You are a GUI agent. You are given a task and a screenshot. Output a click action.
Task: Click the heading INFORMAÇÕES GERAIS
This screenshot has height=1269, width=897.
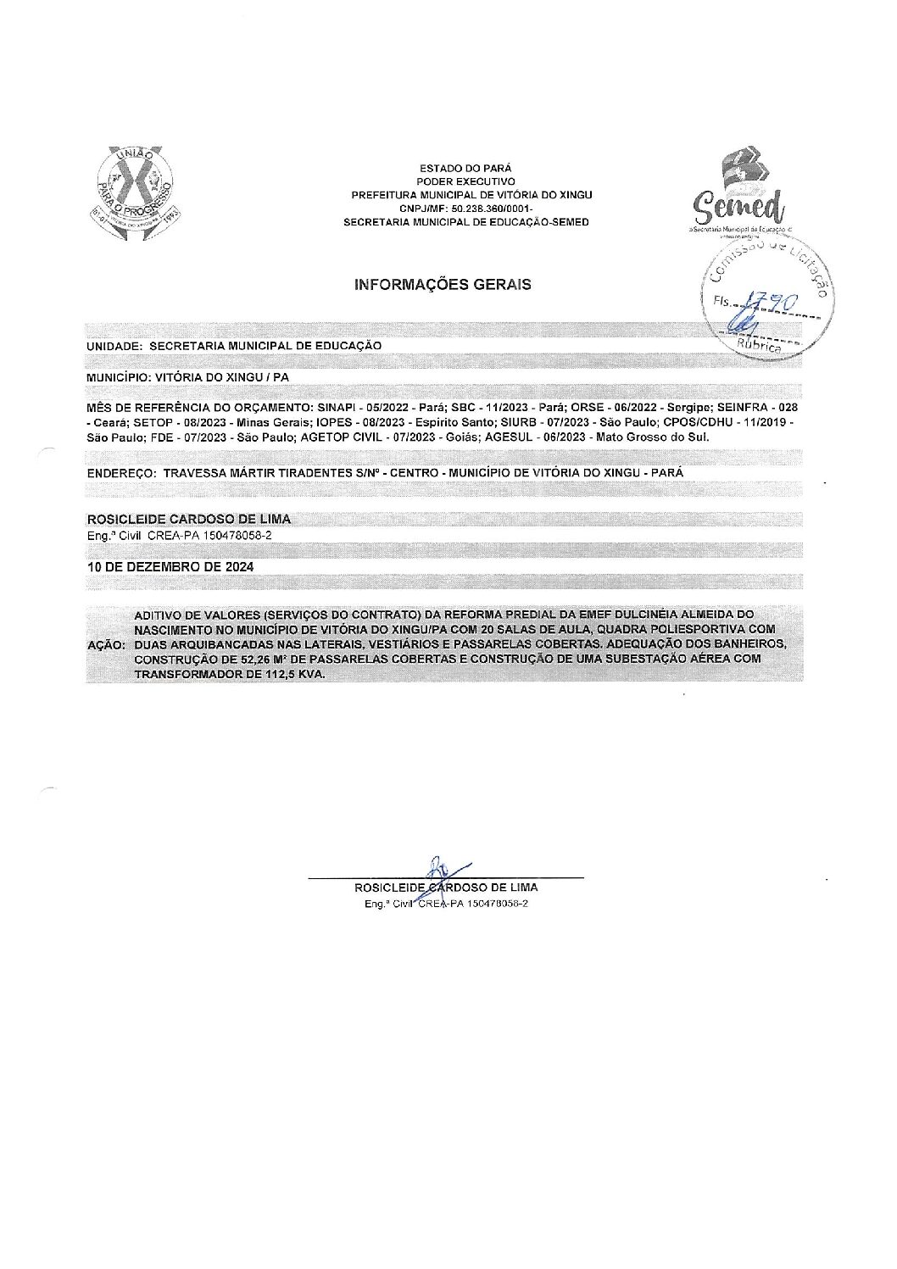click(x=443, y=285)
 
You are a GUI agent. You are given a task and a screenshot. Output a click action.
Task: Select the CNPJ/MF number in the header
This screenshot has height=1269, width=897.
click(x=471, y=209)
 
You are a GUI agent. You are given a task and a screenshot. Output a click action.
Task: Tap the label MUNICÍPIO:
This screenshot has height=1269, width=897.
click(x=118, y=376)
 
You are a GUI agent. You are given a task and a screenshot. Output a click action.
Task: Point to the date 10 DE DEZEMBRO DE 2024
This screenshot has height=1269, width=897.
click(x=170, y=565)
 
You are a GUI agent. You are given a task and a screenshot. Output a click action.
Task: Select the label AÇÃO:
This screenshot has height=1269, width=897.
click(x=108, y=646)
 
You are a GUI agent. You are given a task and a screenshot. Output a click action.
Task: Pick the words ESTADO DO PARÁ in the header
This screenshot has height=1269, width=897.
click(x=465, y=168)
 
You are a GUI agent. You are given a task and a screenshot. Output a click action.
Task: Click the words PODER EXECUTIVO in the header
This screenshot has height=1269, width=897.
click(x=465, y=181)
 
